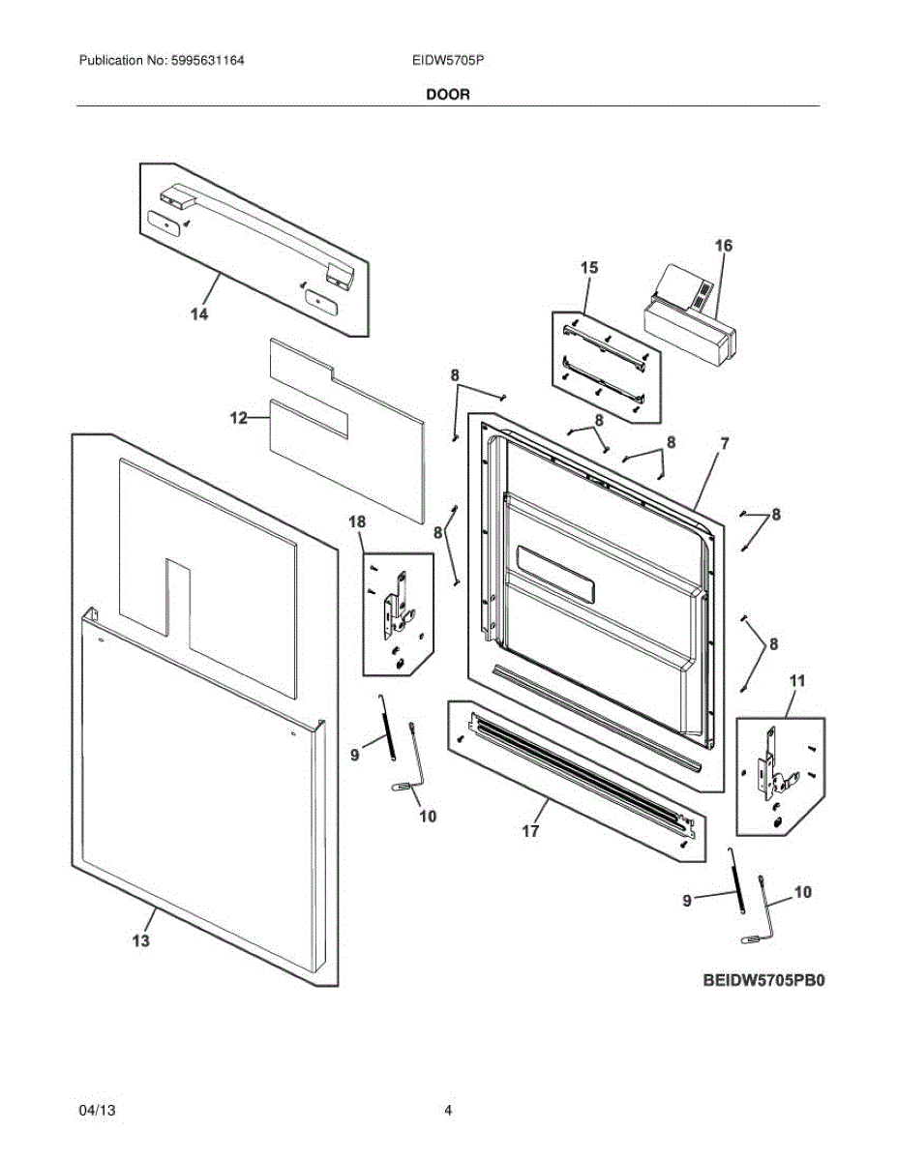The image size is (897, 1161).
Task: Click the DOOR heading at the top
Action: pyautogui.click(x=448, y=95)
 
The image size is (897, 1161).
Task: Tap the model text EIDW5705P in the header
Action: pyautogui.click(x=447, y=60)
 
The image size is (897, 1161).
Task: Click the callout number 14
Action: pyautogui.click(x=198, y=314)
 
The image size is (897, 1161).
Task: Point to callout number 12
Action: pyautogui.click(x=238, y=418)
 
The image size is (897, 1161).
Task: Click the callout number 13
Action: pyautogui.click(x=141, y=940)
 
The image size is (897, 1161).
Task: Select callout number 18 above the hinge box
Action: pyautogui.click(x=357, y=522)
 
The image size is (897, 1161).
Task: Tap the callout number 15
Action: pyautogui.click(x=589, y=267)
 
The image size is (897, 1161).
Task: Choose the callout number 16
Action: pyautogui.click(x=724, y=246)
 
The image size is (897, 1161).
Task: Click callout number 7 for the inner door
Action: pyautogui.click(x=723, y=444)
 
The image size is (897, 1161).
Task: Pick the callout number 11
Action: pyautogui.click(x=796, y=681)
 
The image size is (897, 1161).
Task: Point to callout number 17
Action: pyautogui.click(x=530, y=830)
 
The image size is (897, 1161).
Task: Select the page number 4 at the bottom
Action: pyautogui.click(x=448, y=1111)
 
